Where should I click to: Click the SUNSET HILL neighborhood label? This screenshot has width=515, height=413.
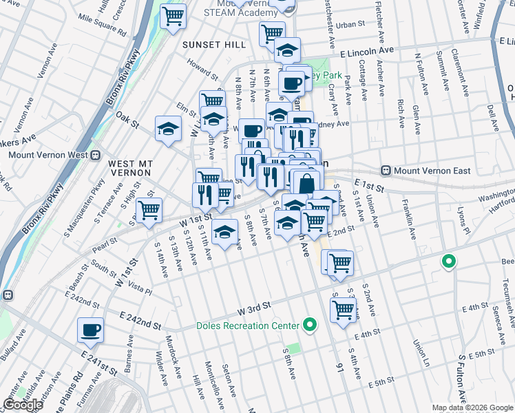[x=213, y=44]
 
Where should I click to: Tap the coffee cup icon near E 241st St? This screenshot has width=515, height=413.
[x=91, y=330]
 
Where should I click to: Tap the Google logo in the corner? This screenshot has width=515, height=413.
[x=23, y=404]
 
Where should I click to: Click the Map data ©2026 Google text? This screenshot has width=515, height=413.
[x=472, y=407]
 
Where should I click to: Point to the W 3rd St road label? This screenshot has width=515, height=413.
[x=255, y=304]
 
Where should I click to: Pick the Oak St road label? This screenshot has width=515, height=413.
[x=127, y=120]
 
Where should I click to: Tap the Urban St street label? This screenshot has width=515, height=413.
[x=350, y=24]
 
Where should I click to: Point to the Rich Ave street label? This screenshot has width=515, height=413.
[x=401, y=109]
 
